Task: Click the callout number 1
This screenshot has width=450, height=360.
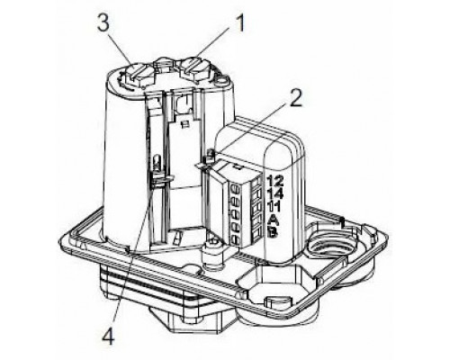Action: [x=240, y=23]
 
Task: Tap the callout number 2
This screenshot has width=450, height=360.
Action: [x=294, y=98]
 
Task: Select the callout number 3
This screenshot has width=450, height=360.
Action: [x=103, y=23]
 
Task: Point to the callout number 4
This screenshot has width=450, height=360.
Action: [x=108, y=336]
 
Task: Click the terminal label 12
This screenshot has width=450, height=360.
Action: [x=274, y=181]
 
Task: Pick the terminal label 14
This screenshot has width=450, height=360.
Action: [x=275, y=193]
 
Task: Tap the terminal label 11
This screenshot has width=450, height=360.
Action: [x=274, y=207]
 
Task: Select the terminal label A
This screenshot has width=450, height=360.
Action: [x=273, y=220]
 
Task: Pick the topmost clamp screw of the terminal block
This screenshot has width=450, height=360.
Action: [x=235, y=190]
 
